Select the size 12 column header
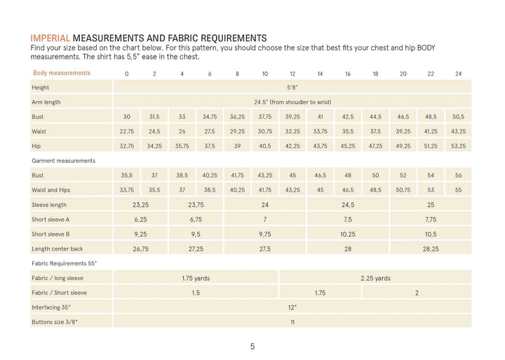[292, 74]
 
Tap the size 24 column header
[458, 74]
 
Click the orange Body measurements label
[62, 73]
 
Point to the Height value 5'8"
[292, 88]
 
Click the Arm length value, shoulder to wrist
[292, 102]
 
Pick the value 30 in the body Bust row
[127, 116]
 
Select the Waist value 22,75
[127, 131]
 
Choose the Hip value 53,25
[458, 146]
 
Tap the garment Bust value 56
[458, 175]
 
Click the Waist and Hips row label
[52, 190]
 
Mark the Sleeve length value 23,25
[140, 205]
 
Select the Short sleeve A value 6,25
[140, 220]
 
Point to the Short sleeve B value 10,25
[347, 234]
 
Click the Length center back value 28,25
[430, 249]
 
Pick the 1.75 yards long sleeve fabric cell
[196, 278]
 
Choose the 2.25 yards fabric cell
[375, 278]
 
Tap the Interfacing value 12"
[292, 307]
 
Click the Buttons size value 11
[292, 322]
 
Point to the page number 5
[252, 346]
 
